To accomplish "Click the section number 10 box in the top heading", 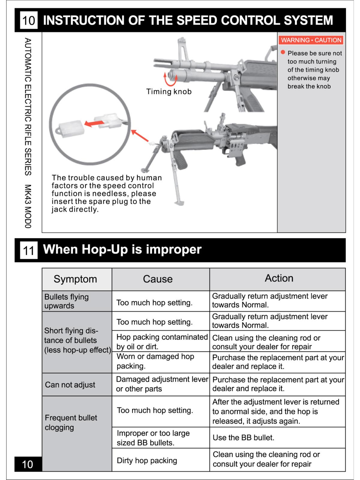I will [x=28, y=20].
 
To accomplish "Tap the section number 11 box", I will [x=28, y=250].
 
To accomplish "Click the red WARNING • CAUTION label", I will [x=311, y=40].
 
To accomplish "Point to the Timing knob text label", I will [x=169, y=91].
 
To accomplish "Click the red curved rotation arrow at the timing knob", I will [x=170, y=79].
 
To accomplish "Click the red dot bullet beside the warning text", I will [x=283, y=52].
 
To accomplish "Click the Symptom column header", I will [x=75, y=279].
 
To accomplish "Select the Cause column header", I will [x=158, y=279].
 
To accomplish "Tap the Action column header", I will [x=279, y=278].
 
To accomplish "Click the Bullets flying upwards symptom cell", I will [x=67, y=301].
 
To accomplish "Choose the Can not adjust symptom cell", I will [x=70, y=385].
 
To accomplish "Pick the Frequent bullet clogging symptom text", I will [x=71, y=422].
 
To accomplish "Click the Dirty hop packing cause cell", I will [x=147, y=460].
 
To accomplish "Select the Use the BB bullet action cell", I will [x=243, y=438].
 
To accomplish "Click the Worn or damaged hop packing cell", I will [x=155, y=361].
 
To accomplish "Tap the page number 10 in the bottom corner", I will [x=28, y=464].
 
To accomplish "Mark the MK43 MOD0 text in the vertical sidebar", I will [x=28, y=206].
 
